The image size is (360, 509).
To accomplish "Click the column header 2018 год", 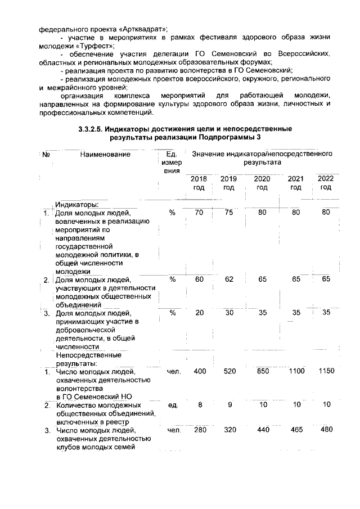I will [199, 183].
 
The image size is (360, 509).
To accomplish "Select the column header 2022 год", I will [325, 183].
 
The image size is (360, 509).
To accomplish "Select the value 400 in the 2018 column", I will [199, 371].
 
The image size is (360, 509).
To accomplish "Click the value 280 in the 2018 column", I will [199, 430].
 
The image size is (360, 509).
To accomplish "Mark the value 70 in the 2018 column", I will [199, 213].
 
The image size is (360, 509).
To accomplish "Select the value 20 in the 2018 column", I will [199, 313].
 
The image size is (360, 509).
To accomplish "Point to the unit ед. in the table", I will [173, 404].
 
